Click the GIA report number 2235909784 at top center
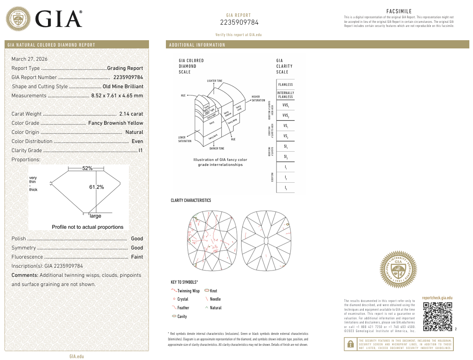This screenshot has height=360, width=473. (x=239, y=22)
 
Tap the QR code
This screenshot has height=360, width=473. (x=437, y=317)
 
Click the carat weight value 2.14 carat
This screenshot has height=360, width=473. (x=131, y=114)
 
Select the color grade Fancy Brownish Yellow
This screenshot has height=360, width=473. (x=116, y=123)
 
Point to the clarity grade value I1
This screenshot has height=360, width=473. (x=141, y=150)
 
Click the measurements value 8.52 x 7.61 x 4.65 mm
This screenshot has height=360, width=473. (x=117, y=95)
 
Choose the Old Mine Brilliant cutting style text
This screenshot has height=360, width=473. (x=123, y=86)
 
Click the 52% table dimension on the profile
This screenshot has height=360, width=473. (x=87, y=168)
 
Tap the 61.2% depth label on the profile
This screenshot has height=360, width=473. (x=96, y=187)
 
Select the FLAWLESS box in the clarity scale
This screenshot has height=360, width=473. (x=285, y=85)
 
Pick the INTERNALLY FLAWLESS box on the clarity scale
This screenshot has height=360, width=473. (x=285, y=95)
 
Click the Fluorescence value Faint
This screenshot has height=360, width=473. (x=137, y=257)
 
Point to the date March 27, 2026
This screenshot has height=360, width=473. (x=29, y=59)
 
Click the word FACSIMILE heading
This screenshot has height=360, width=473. (x=399, y=11)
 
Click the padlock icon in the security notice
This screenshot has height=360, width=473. (x=351, y=345)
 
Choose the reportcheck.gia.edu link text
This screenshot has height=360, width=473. (x=437, y=297)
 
